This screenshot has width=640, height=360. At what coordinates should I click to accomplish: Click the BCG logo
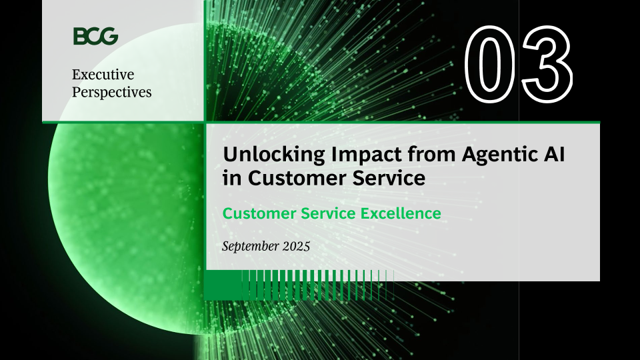pyautogui.click(x=95, y=36)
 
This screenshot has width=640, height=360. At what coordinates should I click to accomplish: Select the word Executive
pyautogui.click(x=103, y=74)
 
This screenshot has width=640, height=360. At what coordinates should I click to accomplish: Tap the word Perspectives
pyautogui.click(x=112, y=93)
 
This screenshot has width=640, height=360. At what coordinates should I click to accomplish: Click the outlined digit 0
pyautogui.click(x=490, y=64)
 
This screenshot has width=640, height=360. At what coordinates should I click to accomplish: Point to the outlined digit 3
pyautogui.click(x=547, y=64)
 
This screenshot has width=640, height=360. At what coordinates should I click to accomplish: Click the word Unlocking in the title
pyautogui.click(x=274, y=155)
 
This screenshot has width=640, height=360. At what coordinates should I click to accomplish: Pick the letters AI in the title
pyautogui.click(x=554, y=154)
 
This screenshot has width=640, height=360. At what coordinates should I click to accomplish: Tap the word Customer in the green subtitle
pyautogui.click(x=259, y=213)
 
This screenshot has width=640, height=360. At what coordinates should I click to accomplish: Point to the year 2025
pyautogui.click(x=296, y=246)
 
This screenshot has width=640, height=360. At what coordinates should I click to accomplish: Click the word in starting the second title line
pyautogui.click(x=232, y=179)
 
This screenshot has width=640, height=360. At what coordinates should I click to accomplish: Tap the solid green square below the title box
pyautogui.click(x=223, y=285)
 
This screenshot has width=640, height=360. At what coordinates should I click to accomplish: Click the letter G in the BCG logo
pyautogui.click(x=109, y=36)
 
